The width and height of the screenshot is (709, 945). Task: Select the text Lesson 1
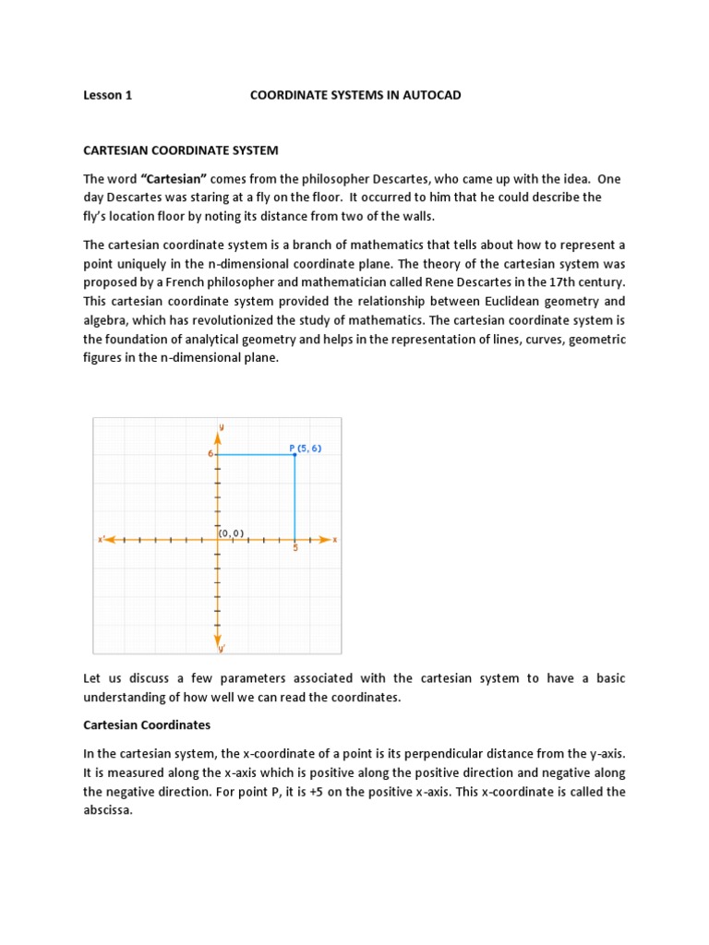coord(108,95)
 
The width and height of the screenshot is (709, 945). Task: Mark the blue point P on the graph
coord(294,454)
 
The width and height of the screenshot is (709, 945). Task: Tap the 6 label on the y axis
coord(210,454)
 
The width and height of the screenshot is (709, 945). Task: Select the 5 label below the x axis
coord(295,548)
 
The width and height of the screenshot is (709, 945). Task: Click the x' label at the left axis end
coord(101,539)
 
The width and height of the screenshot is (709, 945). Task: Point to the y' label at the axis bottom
coord(222,650)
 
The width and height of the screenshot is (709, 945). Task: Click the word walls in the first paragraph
coord(415,216)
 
